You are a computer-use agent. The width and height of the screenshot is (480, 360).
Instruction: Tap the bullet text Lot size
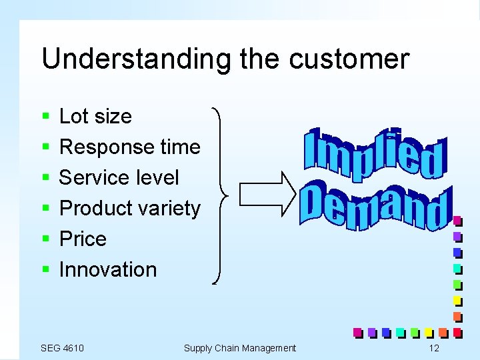(x=95, y=116)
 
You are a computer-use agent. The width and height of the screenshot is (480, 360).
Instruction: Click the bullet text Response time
(x=129, y=147)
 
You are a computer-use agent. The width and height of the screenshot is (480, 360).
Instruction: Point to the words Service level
(x=119, y=177)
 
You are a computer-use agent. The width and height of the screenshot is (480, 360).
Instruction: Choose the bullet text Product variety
(x=129, y=208)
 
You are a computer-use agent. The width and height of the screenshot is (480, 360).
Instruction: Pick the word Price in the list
(x=83, y=239)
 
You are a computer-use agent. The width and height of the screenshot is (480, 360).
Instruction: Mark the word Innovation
(x=108, y=269)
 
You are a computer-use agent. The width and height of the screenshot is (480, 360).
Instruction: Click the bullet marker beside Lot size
(x=45, y=117)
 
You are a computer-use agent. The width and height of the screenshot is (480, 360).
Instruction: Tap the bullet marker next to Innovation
(x=45, y=270)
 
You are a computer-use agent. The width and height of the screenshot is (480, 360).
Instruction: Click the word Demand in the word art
(x=375, y=207)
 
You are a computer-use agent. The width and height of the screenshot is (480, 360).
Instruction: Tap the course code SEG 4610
(x=62, y=348)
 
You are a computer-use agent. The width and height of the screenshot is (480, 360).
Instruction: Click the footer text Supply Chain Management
(x=239, y=348)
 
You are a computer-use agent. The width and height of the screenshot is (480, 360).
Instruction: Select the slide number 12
(x=434, y=348)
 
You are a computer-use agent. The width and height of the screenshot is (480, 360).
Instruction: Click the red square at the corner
(x=457, y=331)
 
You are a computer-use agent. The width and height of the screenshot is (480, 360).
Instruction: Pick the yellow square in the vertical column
(x=457, y=299)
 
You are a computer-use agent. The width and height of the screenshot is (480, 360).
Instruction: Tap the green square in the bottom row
(x=414, y=331)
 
